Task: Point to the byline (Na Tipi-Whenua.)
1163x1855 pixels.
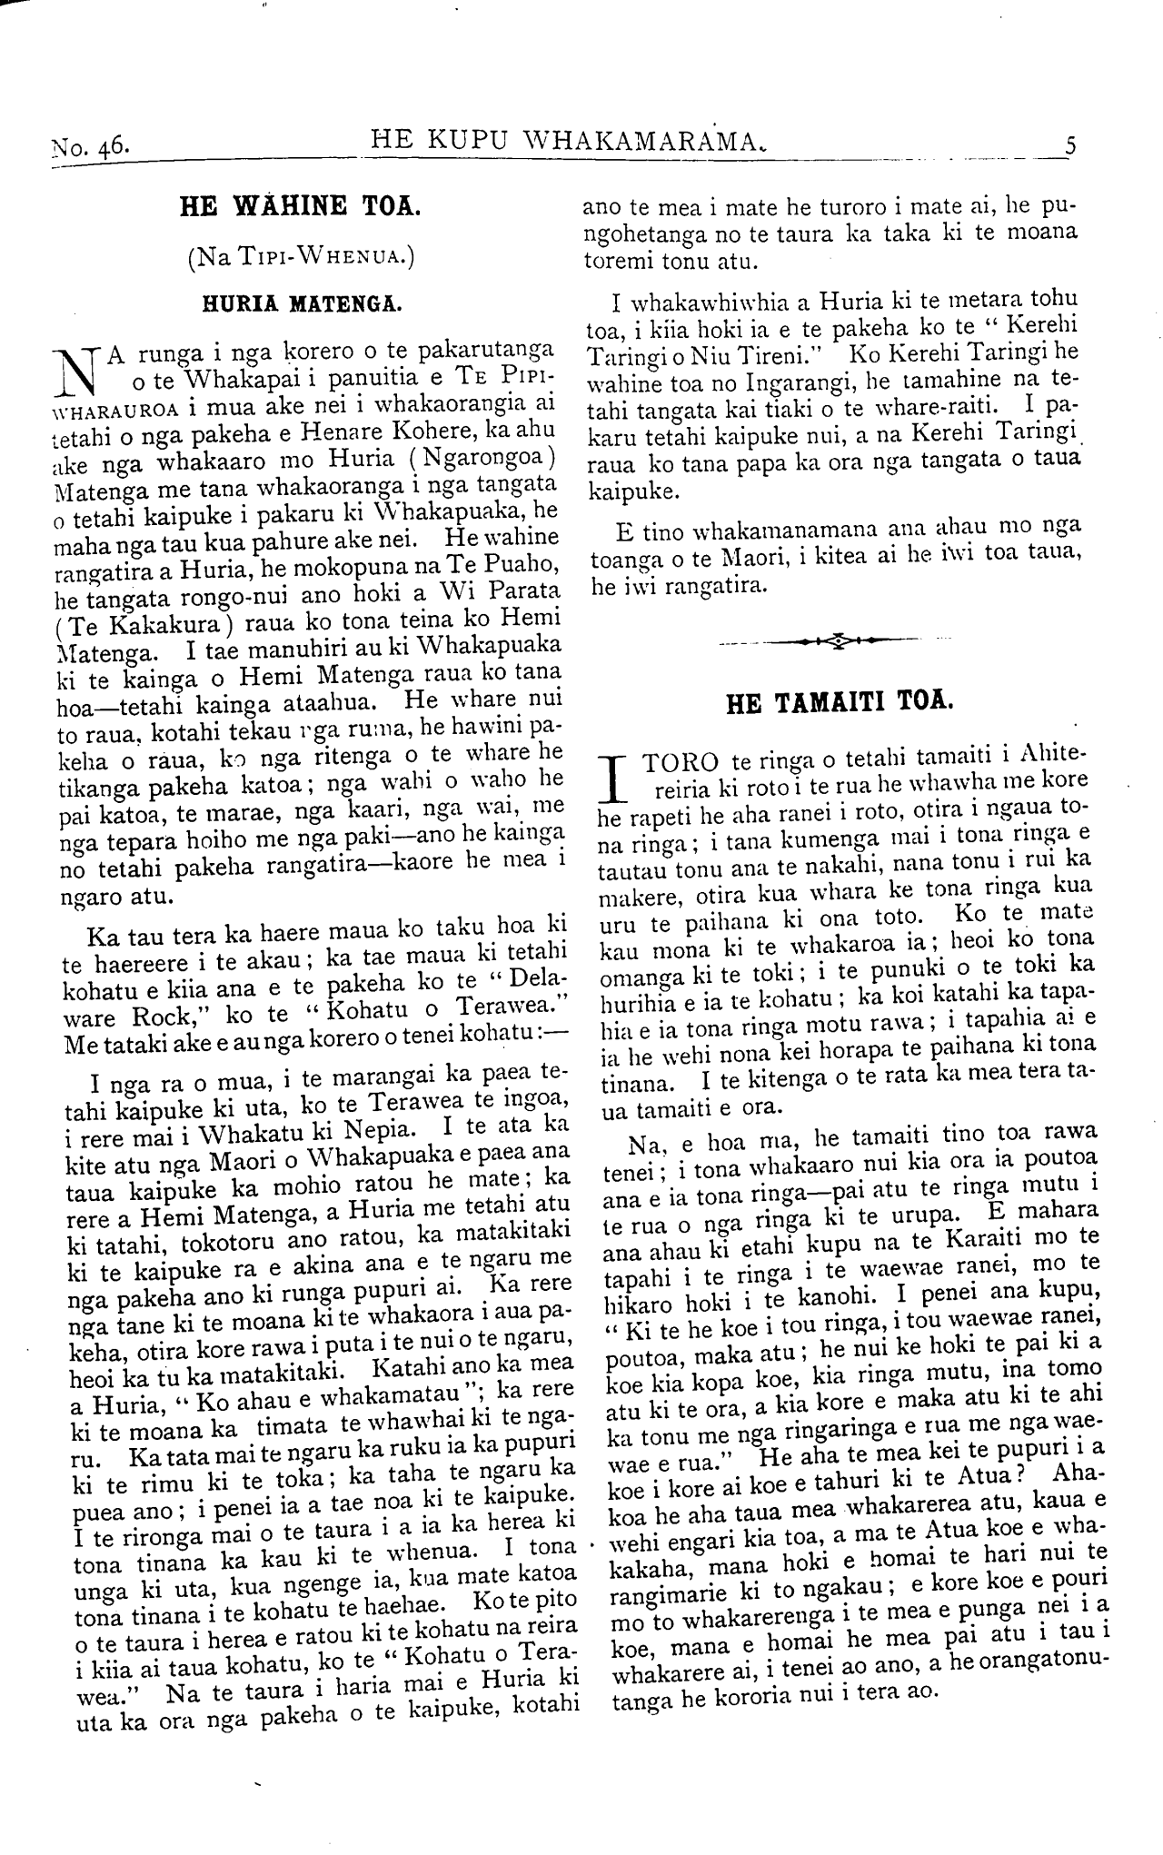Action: (301, 257)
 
